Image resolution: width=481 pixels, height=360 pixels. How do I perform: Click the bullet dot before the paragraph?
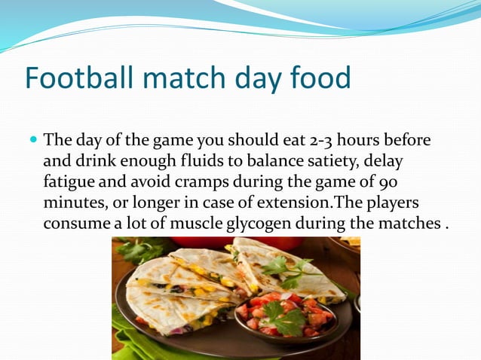click(x=32, y=141)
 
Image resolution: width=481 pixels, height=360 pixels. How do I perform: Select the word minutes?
click(x=72, y=203)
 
